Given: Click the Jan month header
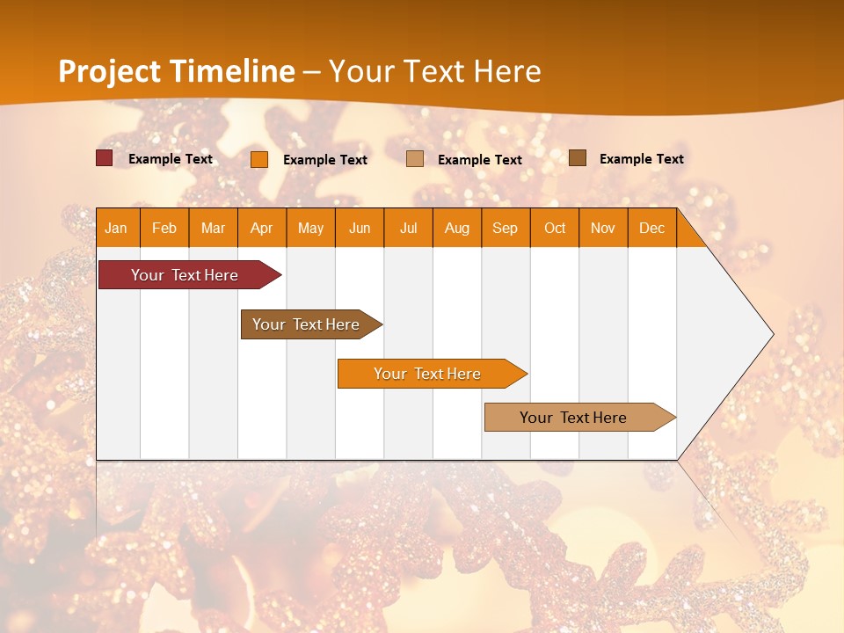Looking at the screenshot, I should click(117, 228).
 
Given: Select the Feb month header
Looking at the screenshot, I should click(164, 228).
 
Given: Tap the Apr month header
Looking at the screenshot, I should click(261, 228).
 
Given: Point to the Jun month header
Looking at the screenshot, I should click(360, 228).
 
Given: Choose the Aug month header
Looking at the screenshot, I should click(457, 228).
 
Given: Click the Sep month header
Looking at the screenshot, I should click(506, 228).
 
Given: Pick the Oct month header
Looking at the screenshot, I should click(555, 228).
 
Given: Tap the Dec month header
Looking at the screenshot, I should click(652, 228).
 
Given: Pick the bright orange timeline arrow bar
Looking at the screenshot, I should click(428, 374).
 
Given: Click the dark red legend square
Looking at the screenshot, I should click(104, 158).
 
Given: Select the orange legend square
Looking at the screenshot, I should click(259, 159).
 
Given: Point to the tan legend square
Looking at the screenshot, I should click(415, 158).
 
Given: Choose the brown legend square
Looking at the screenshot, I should click(578, 157).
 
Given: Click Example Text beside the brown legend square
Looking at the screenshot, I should click(641, 159).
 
